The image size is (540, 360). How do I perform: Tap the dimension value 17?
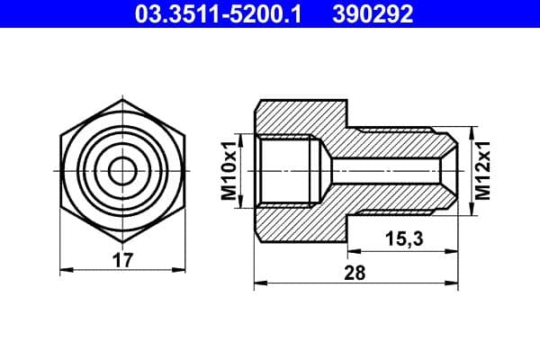123,261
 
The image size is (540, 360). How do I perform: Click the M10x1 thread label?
229,170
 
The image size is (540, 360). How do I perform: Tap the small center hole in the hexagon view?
122,169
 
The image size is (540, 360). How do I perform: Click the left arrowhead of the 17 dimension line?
65,269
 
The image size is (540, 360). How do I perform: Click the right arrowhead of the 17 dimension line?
180,269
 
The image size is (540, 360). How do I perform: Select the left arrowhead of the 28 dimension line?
259,284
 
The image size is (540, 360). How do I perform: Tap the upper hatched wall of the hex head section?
297,115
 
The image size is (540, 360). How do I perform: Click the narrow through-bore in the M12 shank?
387,169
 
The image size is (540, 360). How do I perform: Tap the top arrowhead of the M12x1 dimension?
473,133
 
